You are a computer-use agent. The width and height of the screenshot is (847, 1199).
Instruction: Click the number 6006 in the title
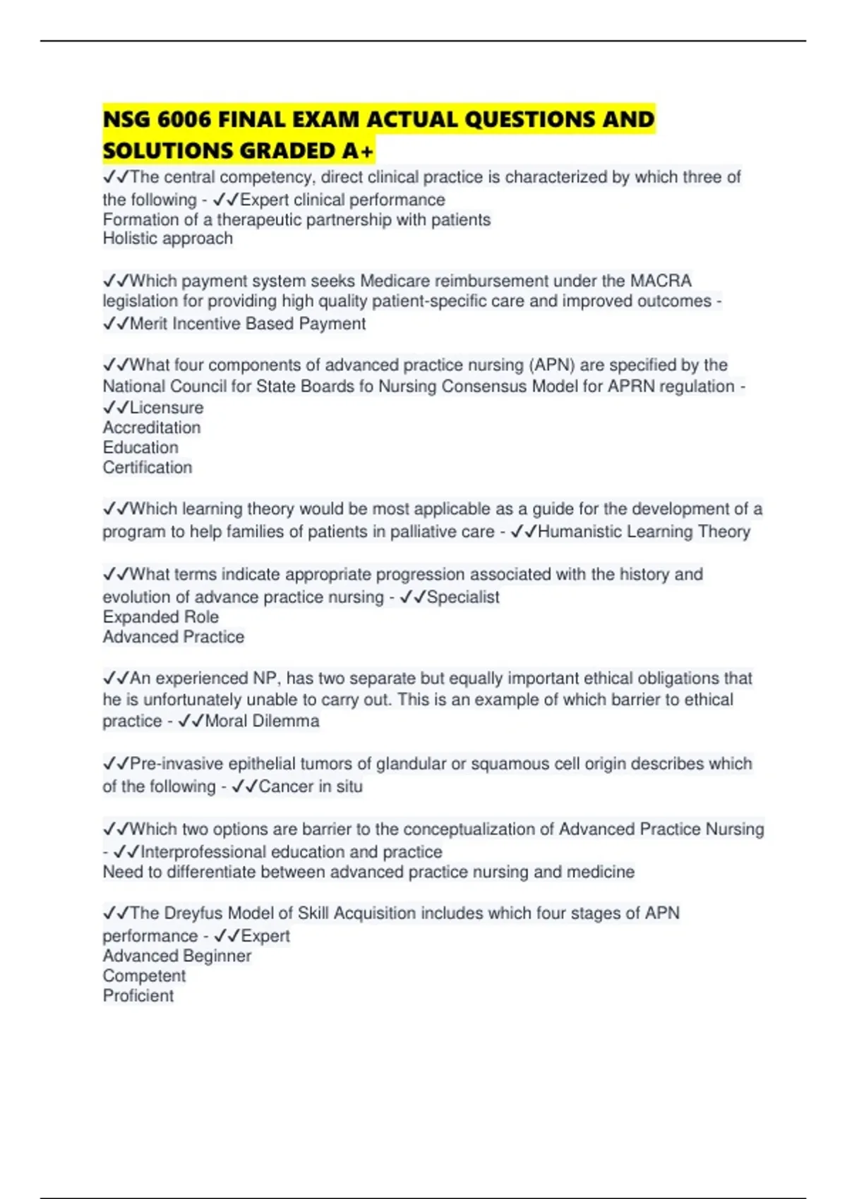coord(184,119)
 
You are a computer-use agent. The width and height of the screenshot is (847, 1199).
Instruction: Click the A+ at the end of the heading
coord(357,151)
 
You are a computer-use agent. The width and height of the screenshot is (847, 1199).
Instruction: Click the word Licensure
coord(167,408)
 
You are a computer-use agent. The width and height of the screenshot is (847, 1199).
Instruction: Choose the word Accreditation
coord(152,427)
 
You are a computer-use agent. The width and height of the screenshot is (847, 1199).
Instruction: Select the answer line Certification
coord(148,468)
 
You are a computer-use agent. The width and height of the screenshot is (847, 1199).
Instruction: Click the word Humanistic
coord(579,532)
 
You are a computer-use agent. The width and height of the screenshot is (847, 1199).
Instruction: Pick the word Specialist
coord(463,597)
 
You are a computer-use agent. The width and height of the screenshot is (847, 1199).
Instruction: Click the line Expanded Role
coord(161,617)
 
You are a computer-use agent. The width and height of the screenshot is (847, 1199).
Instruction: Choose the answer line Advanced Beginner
coord(177,956)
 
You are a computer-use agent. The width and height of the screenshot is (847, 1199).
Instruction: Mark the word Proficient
coord(138,996)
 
